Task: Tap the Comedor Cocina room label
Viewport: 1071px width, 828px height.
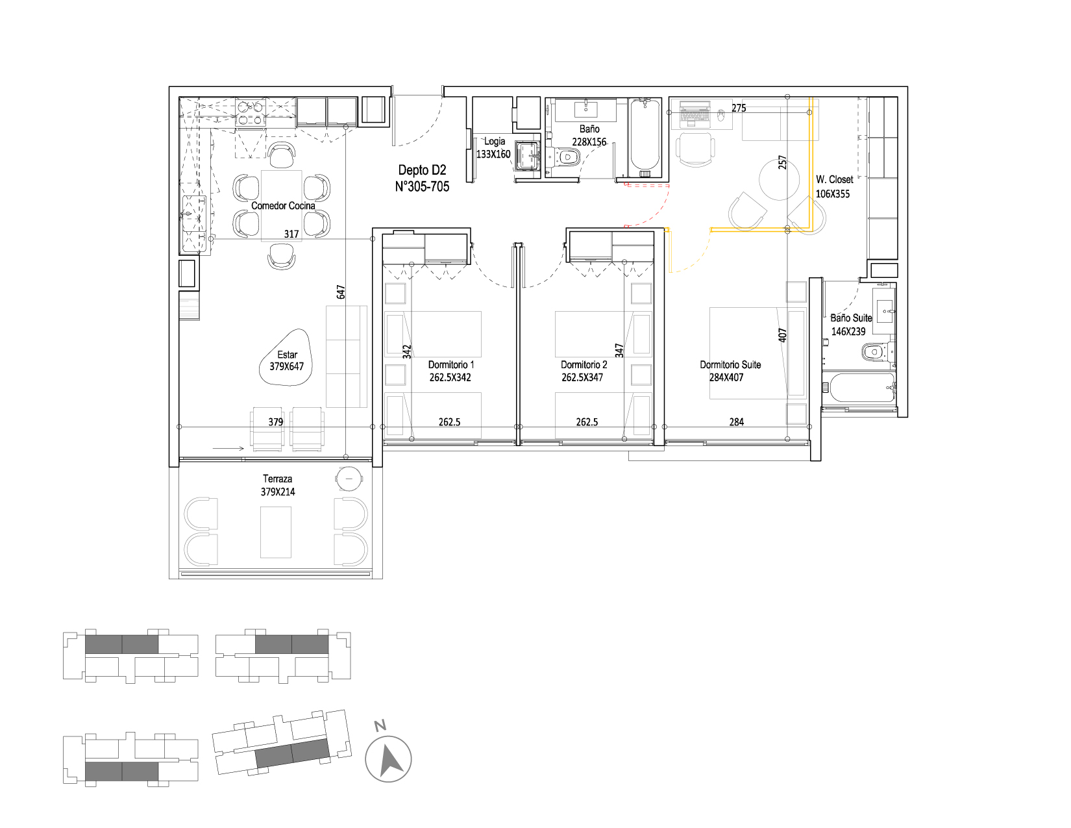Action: (x=283, y=206)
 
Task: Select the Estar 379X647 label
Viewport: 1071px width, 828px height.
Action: (x=286, y=360)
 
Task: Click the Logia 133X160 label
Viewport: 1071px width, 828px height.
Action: (x=493, y=147)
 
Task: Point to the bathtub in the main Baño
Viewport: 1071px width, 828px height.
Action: (x=645, y=137)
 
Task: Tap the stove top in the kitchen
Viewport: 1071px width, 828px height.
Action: (x=251, y=112)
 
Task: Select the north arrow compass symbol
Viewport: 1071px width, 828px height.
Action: (x=388, y=759)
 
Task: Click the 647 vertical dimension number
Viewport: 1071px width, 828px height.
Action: (x=341, y=292)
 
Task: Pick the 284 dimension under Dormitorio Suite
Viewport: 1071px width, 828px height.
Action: (x=736, y=422)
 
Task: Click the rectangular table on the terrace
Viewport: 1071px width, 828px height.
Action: (x=275, y=533)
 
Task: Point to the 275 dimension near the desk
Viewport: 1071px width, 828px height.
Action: (x=738, y=108)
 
